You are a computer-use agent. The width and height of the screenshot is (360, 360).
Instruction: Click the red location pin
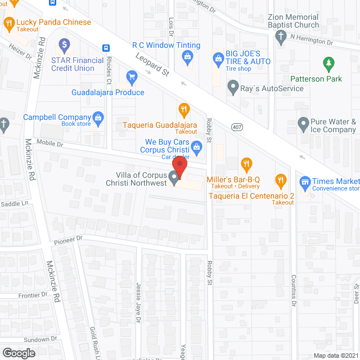pos(179,167)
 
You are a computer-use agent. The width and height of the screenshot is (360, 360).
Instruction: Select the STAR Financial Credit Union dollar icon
pos(64,44)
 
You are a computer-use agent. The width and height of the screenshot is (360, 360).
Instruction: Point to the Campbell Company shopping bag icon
pos(98,117)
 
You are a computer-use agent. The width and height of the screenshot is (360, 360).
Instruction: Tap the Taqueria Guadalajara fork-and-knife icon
pos(183,109)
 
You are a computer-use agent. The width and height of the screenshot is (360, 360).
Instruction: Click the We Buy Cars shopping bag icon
pos(197,146)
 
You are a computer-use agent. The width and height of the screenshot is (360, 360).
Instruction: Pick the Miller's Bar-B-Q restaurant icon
pos(246,164)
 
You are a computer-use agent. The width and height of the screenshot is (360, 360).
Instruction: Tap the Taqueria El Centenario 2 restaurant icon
pos(280,181)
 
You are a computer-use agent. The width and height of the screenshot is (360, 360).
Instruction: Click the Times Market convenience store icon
pos(305,181)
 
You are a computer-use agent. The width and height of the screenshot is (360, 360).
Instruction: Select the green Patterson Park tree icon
pos(328,64)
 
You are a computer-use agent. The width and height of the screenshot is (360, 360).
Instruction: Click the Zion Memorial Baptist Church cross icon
pos(281,37)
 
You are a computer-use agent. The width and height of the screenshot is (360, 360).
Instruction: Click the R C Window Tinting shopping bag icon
pos(187,56)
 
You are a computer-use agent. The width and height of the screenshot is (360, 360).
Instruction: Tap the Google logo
pos(18,353)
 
